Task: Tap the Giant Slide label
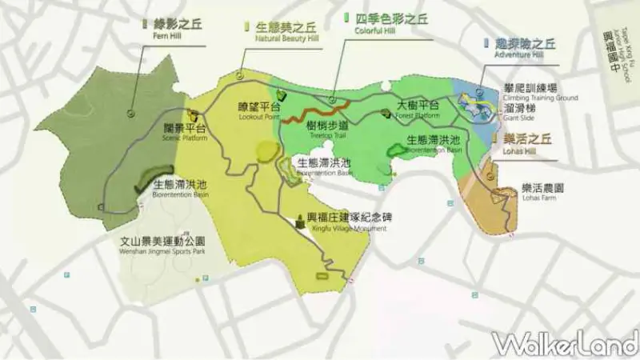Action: click(x=519, y=110)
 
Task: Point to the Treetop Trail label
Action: click(x=327, y=130)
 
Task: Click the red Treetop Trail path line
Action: click(x=318, y=111)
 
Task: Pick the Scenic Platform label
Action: click(x=184, y=133)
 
